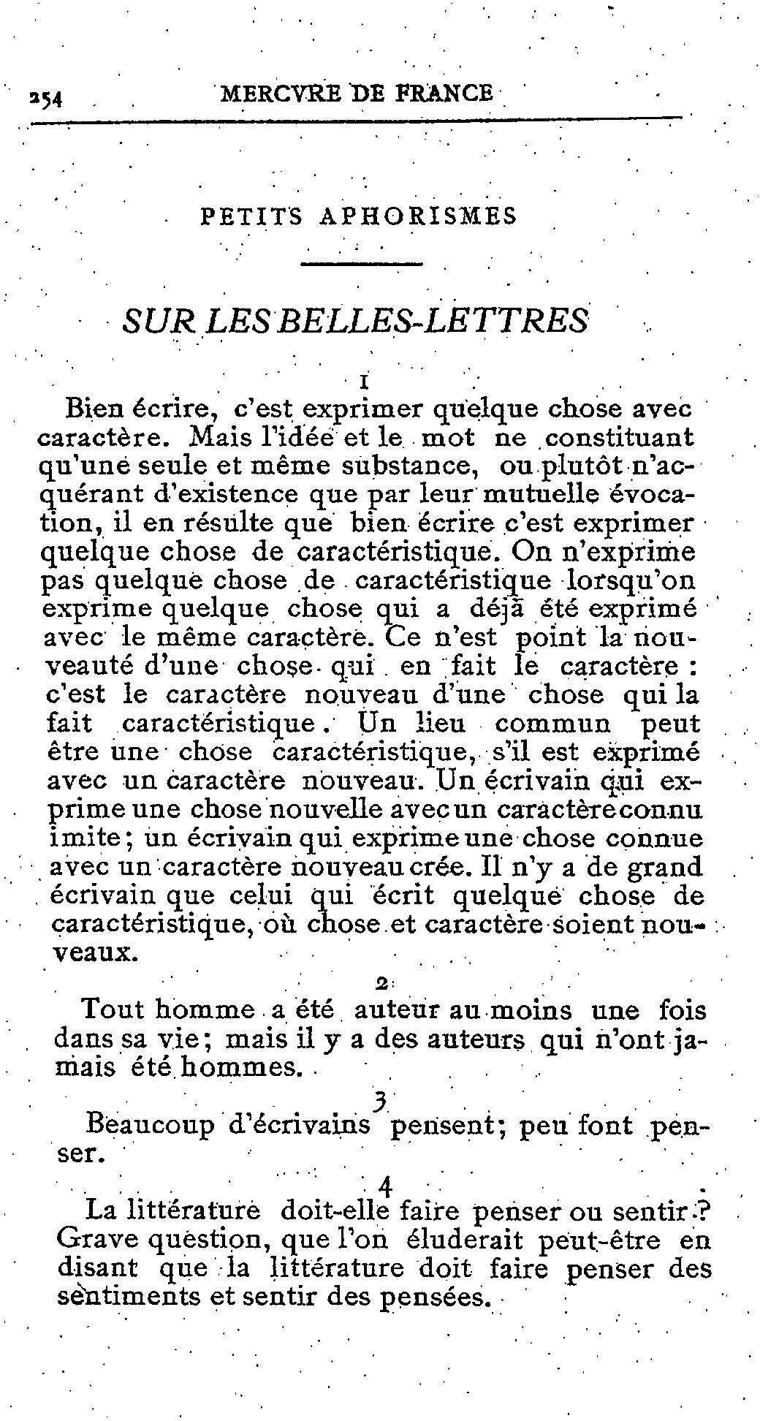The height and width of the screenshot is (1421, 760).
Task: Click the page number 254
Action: click(45, 98)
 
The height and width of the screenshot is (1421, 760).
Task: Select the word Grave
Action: click(95, 1240)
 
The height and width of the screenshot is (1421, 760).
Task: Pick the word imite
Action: click(82, 838)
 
